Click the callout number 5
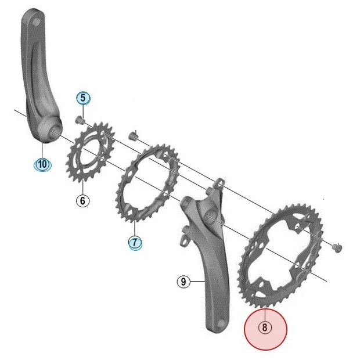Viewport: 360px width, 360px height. (x=82, y=98)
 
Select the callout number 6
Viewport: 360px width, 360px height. (x=82, y=201)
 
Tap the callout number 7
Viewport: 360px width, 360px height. (x=135, y=242)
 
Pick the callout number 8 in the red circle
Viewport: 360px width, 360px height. (x=265, y=328)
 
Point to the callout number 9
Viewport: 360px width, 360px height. (x=183, y=283)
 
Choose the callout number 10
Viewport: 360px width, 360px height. (x=42, y=164)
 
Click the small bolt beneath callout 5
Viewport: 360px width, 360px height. (x=81, y=121)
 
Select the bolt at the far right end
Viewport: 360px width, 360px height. (x=335, y=247)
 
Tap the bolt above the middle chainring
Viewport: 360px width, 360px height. (x=132, y=138)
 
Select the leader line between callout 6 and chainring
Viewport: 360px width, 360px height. (x=82, y=188)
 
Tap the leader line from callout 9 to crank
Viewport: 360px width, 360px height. (x=197, y=282)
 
